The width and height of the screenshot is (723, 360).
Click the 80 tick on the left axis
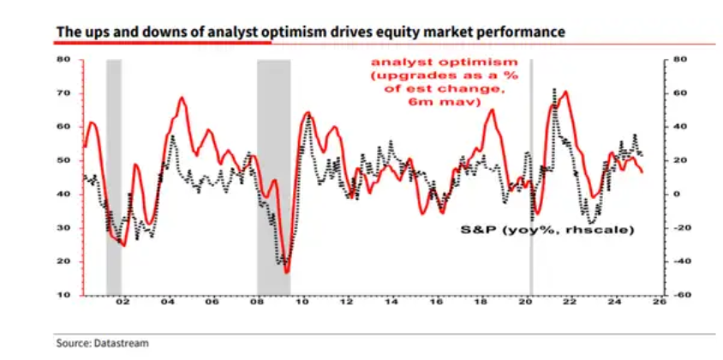pos(63,59)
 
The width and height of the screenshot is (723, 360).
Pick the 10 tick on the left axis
pos(63,295)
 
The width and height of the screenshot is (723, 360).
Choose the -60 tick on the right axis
pos(680,295)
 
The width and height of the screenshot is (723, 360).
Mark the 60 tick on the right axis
pos(679,93)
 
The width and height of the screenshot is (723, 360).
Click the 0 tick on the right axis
pos(678,194)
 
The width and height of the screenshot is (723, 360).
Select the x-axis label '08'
pos(256,304)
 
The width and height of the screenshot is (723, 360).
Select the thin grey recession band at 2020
pos(531,171)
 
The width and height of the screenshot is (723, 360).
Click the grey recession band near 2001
pos(113,171)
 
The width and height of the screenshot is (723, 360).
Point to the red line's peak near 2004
pos(182,98)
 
